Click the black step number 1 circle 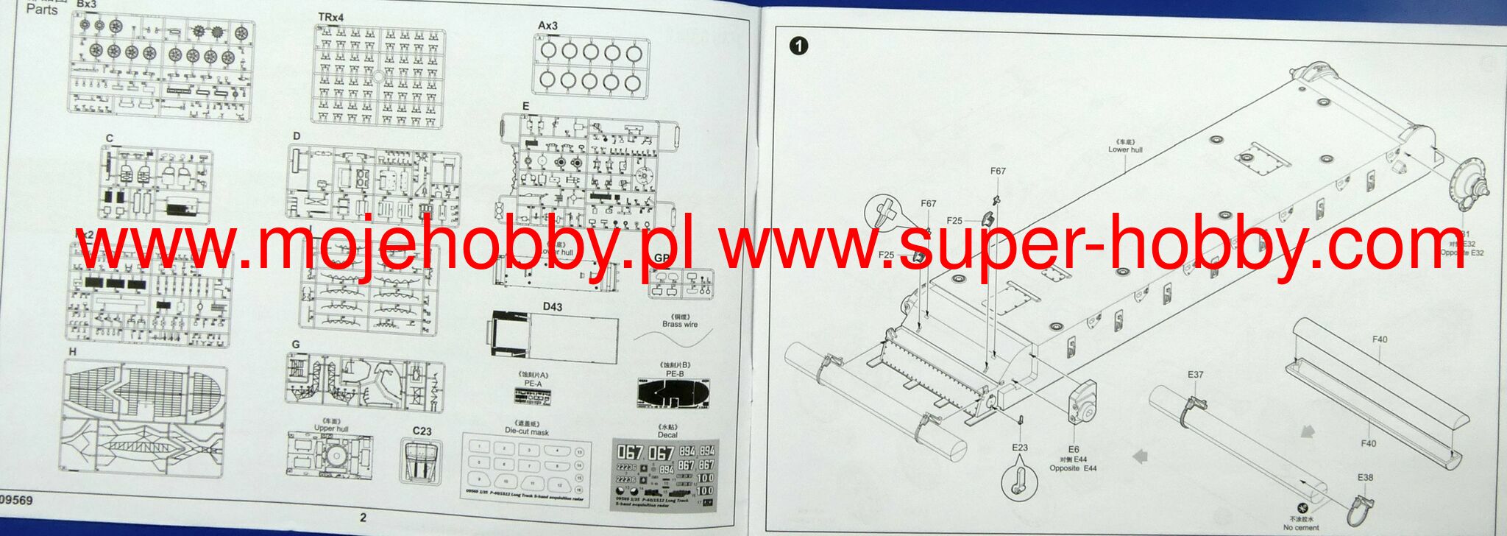[x=798, y=46]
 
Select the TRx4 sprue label [x=330, y=17]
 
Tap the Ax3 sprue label [x=547, y=26]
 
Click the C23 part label [x=422, y=431]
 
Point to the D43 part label [x=553, y=307]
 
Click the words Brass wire [x=680, y=324]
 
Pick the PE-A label [x=533, y=384]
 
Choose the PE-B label [x=675, y=374]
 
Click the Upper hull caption [x=330, y=428]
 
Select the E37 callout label [x=1195, y=375]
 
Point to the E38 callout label [x=1365, y=477]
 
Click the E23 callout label [x=1019, y=448]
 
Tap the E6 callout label [x=1073, y=449]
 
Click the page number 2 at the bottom [x=363, y=518]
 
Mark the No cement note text [x=1301, y=527]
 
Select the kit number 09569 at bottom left [x=16, y=501]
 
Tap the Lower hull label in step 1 [x=1125, y=149]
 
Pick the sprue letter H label [x=72, y=352]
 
